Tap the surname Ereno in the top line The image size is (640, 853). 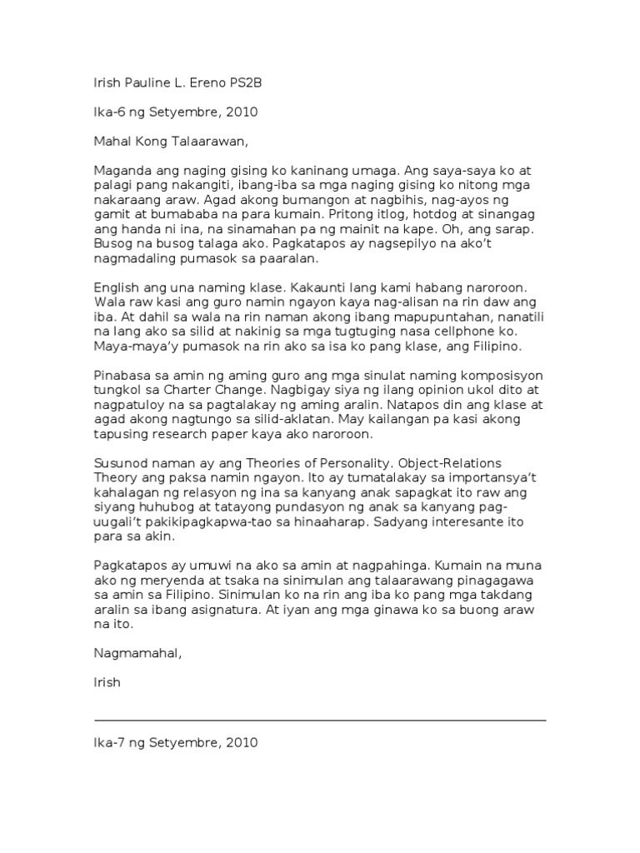click(207, 83)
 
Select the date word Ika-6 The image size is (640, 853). click(109, 111)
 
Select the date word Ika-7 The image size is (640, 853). click(109, 741)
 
